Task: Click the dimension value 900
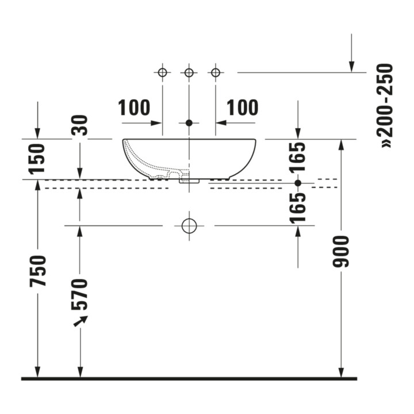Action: point(341,252)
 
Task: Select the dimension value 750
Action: point(38,271)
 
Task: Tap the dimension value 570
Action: point(79,294)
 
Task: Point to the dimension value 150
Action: point(37,159)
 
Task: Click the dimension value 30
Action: point(79,125)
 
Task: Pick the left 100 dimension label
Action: point(134,108)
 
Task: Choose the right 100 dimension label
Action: point(243,108)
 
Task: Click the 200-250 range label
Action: point(385,105)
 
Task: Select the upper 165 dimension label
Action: point(298,158)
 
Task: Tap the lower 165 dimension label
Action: point(298,208)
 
